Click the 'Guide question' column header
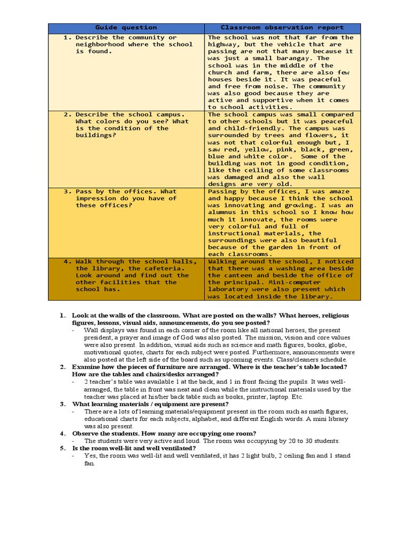click(x=126, y=28)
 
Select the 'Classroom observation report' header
click(x=282, y=28)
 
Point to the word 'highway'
click(x=222, y=45)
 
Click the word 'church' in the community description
click(x=220, y=72)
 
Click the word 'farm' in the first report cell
click(x=263, y=72)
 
